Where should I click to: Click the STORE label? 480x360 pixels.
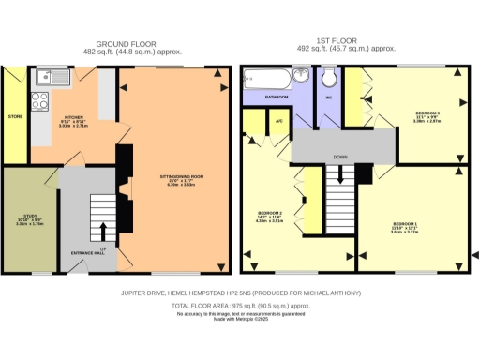14,117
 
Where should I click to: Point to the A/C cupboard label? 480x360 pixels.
279,119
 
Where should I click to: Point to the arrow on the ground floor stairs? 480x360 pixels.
101,232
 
